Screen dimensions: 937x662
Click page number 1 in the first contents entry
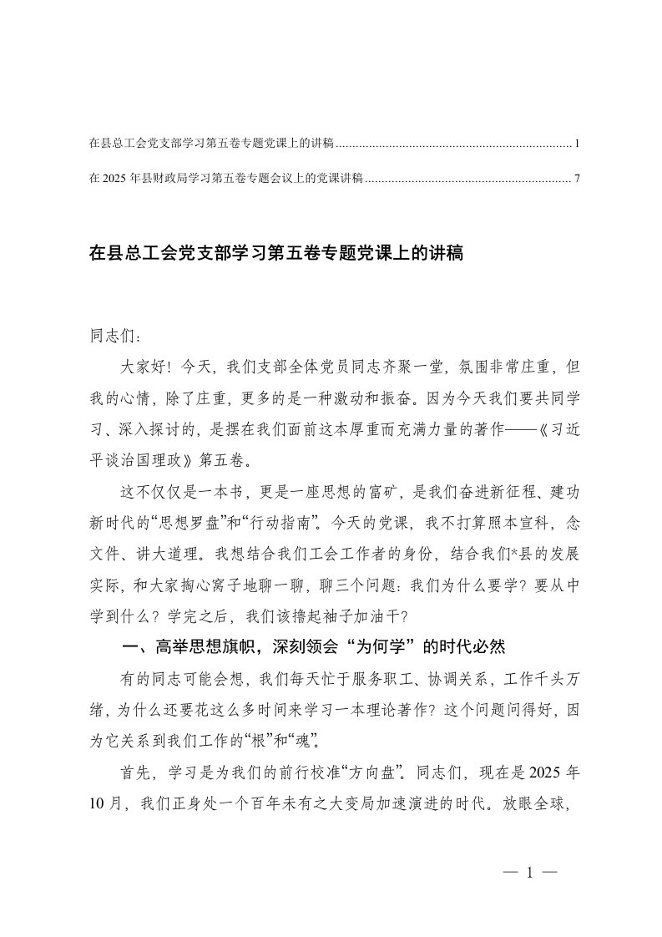point(577,144)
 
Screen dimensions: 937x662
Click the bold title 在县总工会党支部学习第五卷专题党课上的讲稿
point(275,253)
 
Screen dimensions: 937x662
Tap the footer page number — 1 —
point(531,874)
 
